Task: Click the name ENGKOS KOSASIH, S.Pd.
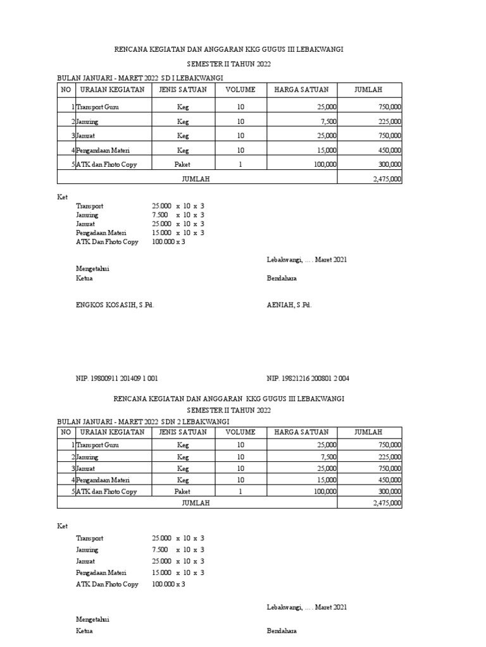pos(115,305)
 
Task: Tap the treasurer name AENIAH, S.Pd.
pos(289,305)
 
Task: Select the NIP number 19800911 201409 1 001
pos(117,378)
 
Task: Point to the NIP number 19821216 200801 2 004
pos(308,378)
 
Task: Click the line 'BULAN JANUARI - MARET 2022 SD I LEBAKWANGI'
pos(140,78)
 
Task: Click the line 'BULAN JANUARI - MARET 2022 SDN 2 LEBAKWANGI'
pos(143,421)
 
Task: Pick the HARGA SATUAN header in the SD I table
pos(301,90)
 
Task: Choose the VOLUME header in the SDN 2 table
pos(240,432)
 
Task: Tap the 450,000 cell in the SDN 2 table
pos(389,480)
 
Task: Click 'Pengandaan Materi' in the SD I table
pos(105,150)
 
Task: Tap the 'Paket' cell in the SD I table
pos(183,164)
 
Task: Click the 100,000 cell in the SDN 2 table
pos(325,491)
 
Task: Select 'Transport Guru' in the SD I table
pos(97,107)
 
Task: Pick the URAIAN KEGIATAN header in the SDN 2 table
pos(111,432)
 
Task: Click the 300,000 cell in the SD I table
pos(389,164)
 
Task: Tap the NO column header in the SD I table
pos(66,90)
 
